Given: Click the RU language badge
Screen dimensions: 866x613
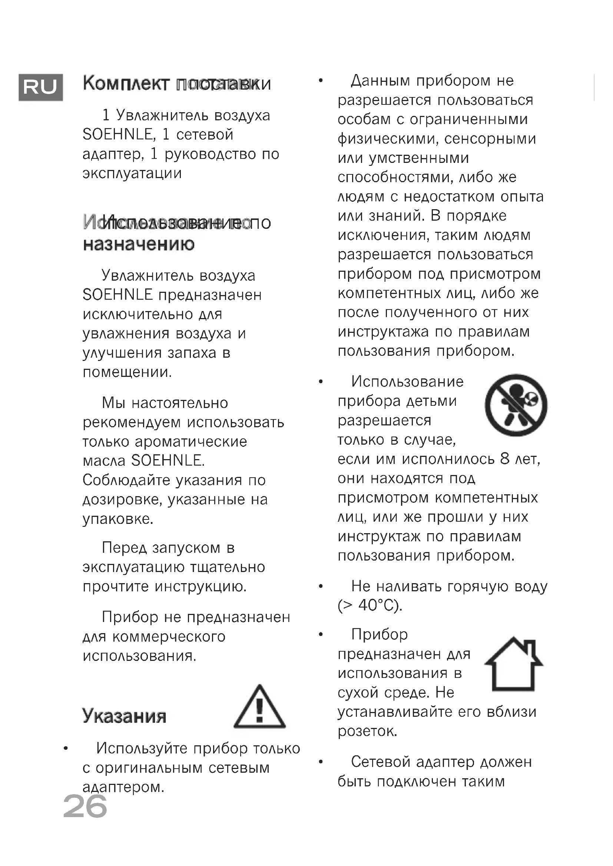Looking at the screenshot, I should coord(40,87).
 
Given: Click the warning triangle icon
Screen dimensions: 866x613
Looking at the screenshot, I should coord(259,708).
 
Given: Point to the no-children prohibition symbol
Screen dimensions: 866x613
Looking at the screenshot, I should coord(516,405).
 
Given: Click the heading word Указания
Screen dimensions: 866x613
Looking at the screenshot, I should coord(124,716).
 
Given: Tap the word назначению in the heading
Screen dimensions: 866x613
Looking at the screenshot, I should coord(139,244).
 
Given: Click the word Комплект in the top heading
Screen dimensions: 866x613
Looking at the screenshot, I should coord(126,83).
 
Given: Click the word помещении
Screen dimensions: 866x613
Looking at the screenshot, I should coord(127,372).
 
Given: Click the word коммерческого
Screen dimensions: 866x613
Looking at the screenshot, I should coord(169,637).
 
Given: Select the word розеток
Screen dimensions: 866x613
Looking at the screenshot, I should coord(367,731).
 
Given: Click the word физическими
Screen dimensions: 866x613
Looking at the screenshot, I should coord(388,139).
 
